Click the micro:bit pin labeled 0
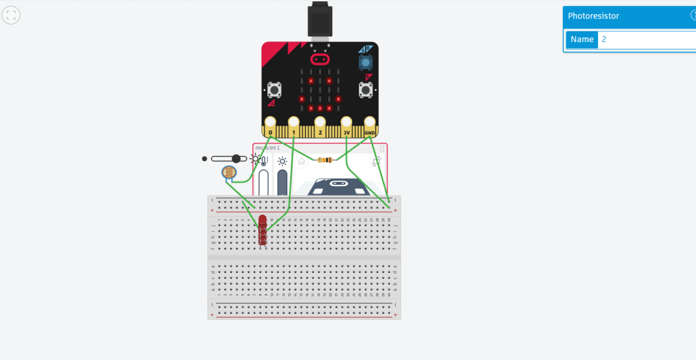point(271,124)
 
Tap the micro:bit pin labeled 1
point(294,124)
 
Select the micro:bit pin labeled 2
point(319,124)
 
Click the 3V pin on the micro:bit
point(346,124)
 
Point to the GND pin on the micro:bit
point(370,124)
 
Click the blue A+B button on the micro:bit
point(366,62)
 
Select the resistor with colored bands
point(325,160)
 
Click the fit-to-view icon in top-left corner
point(11,15)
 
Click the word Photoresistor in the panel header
point(593,16)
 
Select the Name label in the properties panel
point(582,39)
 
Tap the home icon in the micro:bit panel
point(301,162)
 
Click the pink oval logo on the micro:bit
point(320,59)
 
